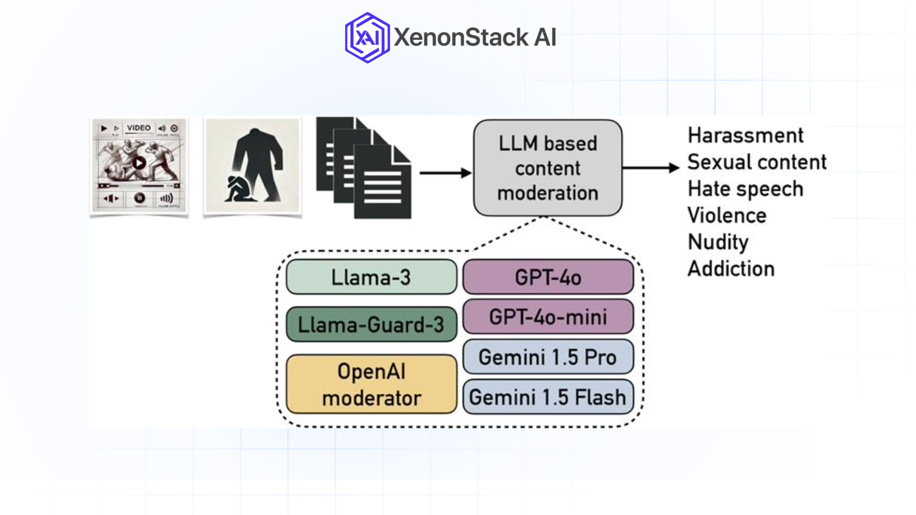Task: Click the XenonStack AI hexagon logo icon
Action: (x=367, y=38)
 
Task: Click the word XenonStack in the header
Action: (x=461, y=38)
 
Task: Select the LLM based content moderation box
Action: (x=547, y=168)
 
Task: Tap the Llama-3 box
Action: (x=371, y=277)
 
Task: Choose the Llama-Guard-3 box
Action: (x=371, y=325)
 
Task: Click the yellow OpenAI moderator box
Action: (x=371, y=384)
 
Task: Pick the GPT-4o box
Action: (x=548, y=277)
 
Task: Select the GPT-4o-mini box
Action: (x=548, y=317)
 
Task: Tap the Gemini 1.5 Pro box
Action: (x=548, y=357)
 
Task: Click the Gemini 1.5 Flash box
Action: (x=548, y=397)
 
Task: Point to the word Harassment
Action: (x=745, y=135)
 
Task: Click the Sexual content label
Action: (x=757, y=162)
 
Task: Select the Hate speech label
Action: (x=745, y=189)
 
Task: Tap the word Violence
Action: (x=727, y=216)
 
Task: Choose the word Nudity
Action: (x=718, y=242)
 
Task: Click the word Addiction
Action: (x=731, y=269)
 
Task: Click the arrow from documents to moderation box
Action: (x=445, y=173)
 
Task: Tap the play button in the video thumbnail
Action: (x=139, y=163)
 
